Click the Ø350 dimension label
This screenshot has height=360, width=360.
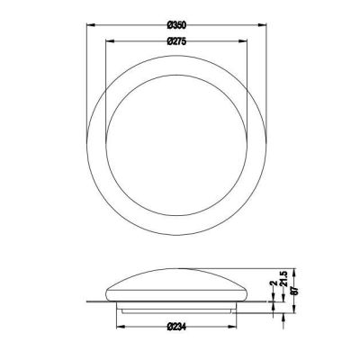(x=176, y=25)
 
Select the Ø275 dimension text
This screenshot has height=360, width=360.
(x=176, y=41)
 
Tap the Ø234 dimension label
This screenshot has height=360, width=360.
(x=176, y=326)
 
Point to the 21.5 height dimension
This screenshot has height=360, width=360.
(x=284, y=278)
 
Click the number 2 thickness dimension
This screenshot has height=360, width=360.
(x=274, y=283)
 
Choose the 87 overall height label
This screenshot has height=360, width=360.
(x=295, y=291)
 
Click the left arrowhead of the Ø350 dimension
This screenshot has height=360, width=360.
(x=91, y=25)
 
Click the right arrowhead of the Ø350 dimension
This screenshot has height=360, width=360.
(x=262, y=25)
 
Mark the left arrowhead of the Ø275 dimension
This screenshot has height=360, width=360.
(x=111, y=41)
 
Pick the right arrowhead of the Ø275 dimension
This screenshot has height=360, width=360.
(x=243, y=41)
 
